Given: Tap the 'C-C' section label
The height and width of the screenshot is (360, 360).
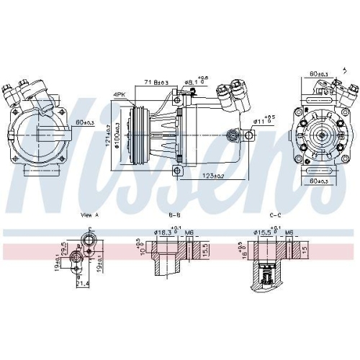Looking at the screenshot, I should [x=274, y=214].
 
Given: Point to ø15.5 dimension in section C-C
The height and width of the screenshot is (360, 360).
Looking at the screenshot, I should [x=261, y=233].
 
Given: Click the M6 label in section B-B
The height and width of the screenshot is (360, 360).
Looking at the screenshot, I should [x=190, y=233].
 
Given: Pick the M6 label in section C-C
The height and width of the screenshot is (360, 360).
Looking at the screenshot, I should [x=288, y=233].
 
